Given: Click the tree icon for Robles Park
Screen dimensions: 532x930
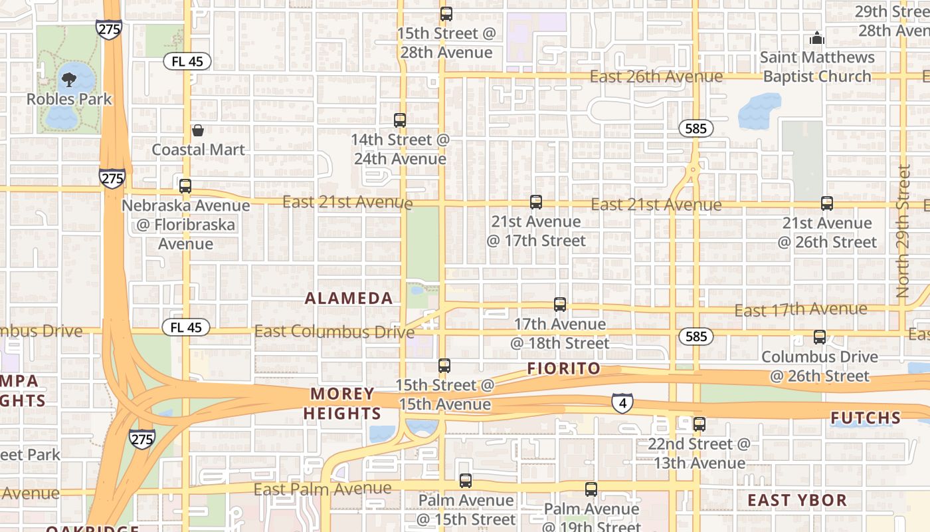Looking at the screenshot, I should (x=68, y=80).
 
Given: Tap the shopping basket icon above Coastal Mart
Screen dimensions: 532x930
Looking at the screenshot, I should (x=197, y=130).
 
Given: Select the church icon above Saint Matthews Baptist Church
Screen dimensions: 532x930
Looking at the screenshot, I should (x=816, y=39).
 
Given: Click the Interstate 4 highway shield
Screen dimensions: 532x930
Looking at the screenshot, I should (x=622, y=402).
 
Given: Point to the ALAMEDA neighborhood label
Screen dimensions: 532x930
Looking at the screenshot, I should (x=349, y=299).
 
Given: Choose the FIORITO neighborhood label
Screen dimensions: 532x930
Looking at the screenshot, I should (x=563, y=368).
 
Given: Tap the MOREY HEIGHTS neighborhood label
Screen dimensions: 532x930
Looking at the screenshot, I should (x=342, y=404).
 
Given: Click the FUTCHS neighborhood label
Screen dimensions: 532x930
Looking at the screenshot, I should (x=866, y=418).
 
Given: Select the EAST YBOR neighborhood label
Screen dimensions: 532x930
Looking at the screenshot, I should (x=797, y=500).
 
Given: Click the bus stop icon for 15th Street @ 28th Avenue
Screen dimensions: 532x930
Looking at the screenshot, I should (x=446, y=14).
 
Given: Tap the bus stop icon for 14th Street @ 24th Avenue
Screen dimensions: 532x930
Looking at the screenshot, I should (x=400, y=120).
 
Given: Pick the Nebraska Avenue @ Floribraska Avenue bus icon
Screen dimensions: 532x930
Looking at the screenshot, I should (x=185, y=186).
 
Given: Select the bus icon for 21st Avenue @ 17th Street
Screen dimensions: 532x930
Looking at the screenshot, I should (x=536, y=202).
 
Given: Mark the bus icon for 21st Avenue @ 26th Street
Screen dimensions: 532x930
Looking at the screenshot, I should (x=826, y=203).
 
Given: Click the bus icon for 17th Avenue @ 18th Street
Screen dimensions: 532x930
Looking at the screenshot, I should (x=560, y=305).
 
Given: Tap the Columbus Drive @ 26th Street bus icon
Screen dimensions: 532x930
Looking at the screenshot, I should (x=820, y=337).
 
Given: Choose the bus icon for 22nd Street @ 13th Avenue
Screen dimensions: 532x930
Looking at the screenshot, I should (x=699, y=424).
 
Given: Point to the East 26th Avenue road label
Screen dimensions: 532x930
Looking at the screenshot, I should (x=656, y=76).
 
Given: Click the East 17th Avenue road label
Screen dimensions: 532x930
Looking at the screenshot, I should (x=800, y=309).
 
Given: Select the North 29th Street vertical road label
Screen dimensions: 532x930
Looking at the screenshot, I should (x=903, y=231).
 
